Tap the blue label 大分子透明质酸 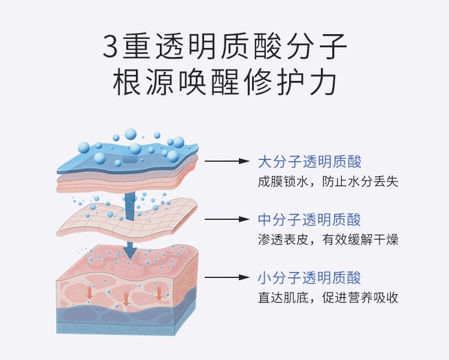pos(310,162)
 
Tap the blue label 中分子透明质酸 pos(310,220)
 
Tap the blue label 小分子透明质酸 pos(310,278)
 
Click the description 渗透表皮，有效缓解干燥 pos(327,240)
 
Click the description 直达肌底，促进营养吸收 pos(327,298)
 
